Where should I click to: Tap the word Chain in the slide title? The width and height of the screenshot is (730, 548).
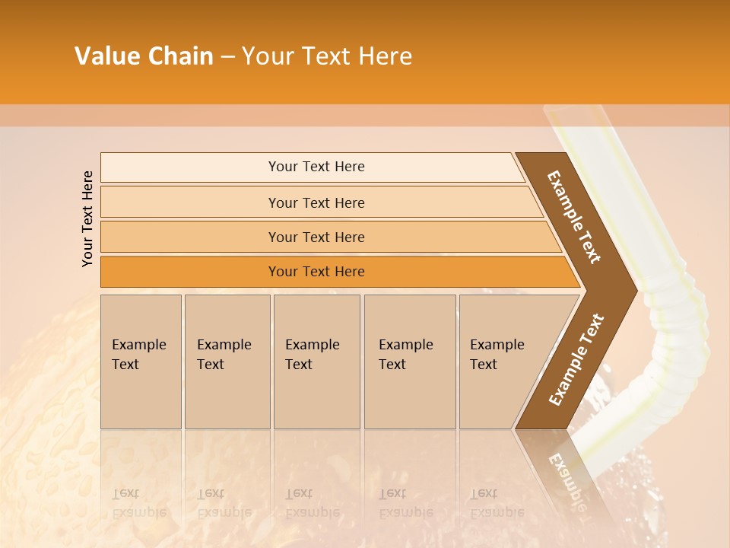[179, 56]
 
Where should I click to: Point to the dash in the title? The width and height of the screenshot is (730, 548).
[227, 57]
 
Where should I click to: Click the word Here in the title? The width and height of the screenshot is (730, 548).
[385, 56]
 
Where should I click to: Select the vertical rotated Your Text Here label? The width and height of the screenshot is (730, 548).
[87, 218]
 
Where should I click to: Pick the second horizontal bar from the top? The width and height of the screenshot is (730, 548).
[316, 202]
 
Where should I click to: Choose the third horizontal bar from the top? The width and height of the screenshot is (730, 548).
[316, 237]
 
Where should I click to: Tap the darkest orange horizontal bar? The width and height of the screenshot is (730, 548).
[316, 272]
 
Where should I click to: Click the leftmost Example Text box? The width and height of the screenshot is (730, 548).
[141, 361]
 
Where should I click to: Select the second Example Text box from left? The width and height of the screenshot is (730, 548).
[227, 361]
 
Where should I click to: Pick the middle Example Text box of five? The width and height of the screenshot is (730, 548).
[316, 361]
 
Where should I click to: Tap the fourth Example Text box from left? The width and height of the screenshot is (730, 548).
[409, 361]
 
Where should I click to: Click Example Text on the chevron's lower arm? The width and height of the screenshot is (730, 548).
[576, 359]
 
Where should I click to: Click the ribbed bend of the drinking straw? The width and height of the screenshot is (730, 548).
[673, 327]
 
